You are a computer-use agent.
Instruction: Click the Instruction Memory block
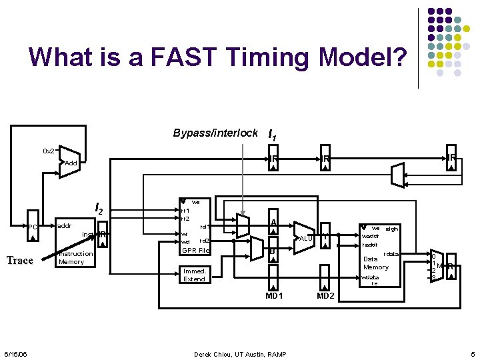point(75,250)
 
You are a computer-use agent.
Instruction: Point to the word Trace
point(19,260)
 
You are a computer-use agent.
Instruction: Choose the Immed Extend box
point(194,275)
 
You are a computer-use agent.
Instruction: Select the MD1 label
point(274,295)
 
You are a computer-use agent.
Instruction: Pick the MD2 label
point(325,295)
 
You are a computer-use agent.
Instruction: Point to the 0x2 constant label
point(48,151)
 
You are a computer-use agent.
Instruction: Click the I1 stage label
point(272,135)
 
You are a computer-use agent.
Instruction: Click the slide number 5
point(471,353)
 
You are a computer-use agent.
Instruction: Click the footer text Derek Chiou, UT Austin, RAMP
point(240,353)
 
